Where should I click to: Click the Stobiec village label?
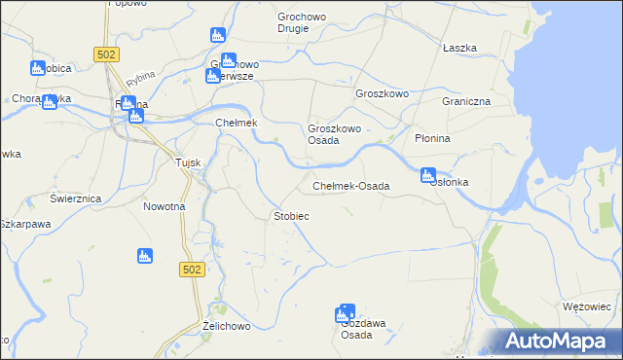(292, 215)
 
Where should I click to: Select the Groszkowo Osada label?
(335, 134)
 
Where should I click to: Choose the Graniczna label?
(465, 101)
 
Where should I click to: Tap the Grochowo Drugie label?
(307, 22)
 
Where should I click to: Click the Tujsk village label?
(187, 162)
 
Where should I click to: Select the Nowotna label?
(164, 206)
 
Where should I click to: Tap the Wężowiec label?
(586, 306)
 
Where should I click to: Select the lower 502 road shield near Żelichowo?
(192, 268)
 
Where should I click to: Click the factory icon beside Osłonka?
(427, 176)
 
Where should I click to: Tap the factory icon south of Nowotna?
(144, 256)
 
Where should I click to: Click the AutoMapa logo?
(559, 342)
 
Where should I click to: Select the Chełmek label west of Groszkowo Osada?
(235, 123)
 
